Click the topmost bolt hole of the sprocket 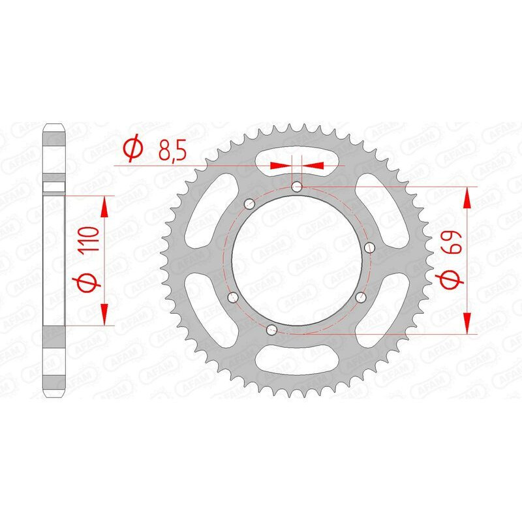297,187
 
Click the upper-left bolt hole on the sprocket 248,204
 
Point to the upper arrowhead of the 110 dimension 104,207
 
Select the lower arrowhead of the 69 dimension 467,322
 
